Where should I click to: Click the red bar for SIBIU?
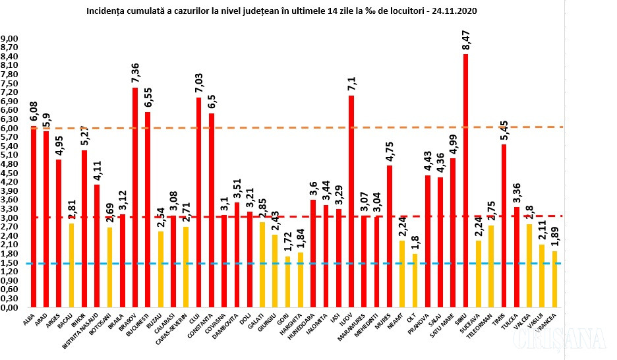tap(465, 181)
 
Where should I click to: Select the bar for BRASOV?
tap(135, 198)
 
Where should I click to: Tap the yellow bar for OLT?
tap(415, 280)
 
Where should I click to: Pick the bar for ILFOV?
tap(351, 201)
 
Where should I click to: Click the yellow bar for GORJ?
tap(287, 282)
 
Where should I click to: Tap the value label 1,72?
tap(287, 244)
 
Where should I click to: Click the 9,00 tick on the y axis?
tap(10, 40)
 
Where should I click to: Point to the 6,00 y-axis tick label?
tap(10, 129)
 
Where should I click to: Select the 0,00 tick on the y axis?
tap(10, 307)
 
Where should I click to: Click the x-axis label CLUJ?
tap(196, 317)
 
